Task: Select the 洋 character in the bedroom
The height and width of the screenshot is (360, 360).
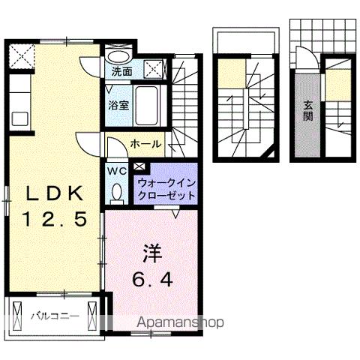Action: coord(150,253)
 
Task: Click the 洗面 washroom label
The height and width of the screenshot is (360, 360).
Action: coord(122,72)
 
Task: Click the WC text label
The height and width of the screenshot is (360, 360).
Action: coord(117,171)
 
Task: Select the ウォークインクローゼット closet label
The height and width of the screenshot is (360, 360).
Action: coord(166,188)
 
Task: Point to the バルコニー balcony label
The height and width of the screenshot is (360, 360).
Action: coord(54,316)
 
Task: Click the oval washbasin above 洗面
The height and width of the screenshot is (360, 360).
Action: coord(118,55)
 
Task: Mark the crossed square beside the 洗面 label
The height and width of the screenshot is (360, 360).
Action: coord(155,69)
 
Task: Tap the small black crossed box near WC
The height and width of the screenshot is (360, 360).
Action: coord(140,166)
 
